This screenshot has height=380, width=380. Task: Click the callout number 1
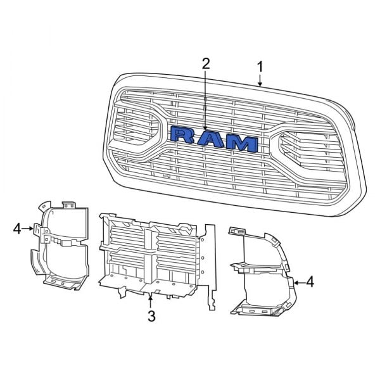point(260,66)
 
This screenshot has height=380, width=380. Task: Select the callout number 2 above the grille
point(205,63)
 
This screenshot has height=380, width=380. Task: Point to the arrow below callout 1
point(260,81)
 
